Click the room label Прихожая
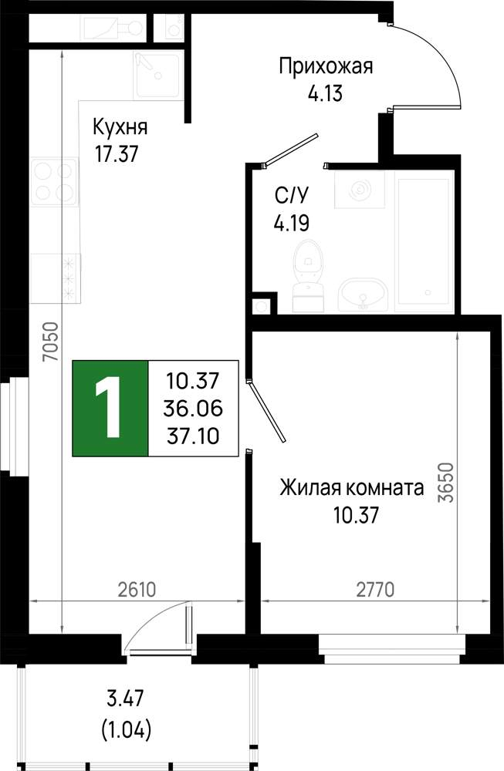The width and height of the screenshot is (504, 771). point(326,66)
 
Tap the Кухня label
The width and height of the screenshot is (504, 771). point(120,127)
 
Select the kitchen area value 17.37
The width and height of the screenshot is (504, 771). point(117,154)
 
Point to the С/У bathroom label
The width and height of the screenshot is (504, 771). point(292,196)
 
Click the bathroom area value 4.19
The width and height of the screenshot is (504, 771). point(292,224)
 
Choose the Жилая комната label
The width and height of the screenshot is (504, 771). point(352,488)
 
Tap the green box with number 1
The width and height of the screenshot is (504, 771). point(110,408)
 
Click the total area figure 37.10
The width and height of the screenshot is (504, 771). point(193,436)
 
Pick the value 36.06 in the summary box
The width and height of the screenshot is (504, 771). point(193,408)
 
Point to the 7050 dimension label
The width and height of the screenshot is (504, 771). point(51,342)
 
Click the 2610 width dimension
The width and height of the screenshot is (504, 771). point(137,590)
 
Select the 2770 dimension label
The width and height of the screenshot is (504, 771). point(376,590)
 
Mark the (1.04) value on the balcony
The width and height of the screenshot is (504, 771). point(126,729)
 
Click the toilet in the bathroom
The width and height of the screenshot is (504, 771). point(308,275)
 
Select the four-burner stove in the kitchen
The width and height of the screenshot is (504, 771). point(55,181)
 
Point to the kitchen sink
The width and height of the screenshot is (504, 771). point(157,76)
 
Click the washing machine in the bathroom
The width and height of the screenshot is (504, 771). point(360,190)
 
